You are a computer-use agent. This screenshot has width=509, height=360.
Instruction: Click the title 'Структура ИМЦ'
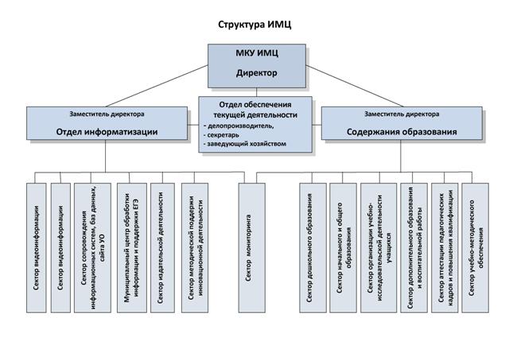tap(254, 25)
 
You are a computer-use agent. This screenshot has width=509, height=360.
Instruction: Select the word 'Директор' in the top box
tap(256, 73)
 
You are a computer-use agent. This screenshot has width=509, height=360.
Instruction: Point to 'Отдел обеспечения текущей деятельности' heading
tap(255, 110)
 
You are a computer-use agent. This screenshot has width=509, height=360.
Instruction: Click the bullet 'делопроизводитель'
tap(240, 125)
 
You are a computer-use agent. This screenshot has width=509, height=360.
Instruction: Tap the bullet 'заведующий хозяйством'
tap(246, 144)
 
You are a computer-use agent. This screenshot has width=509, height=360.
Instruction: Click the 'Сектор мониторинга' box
tap(250, 247)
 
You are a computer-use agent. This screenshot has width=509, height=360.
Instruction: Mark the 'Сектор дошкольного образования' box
tap(313, 247)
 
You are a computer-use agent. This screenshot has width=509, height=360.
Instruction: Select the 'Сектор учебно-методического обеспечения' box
tap(476, 247)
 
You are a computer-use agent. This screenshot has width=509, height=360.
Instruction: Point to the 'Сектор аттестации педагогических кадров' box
tap(445, 247)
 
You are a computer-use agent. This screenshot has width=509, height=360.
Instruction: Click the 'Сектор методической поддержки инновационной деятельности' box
tap(196, 247)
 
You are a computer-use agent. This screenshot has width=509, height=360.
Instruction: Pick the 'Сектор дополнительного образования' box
tap(414, 247)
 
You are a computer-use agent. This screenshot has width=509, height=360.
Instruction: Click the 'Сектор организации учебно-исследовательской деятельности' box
tap(378, 247)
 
